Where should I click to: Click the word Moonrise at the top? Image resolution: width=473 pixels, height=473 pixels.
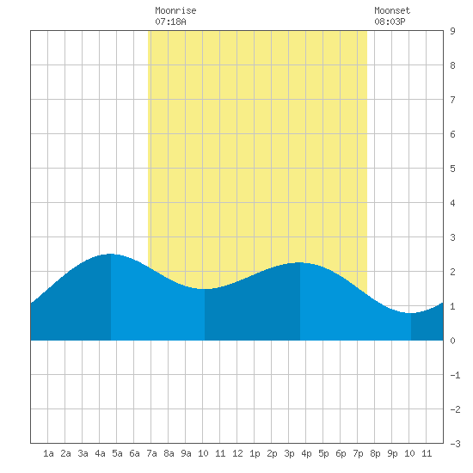click(175, 10)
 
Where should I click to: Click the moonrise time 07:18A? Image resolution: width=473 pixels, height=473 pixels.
click(170, 21)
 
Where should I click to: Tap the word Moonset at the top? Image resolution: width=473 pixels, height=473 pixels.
click(392, 10)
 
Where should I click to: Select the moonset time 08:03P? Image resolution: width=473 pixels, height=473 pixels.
click(390, 21)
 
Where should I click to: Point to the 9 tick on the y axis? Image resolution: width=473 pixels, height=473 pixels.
click(452, 31)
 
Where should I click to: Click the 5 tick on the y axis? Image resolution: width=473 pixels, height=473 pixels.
click(452, 169)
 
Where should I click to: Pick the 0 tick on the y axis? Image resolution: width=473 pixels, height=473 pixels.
click(452, 341)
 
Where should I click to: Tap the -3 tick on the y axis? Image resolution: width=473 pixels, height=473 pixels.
click(455, 444)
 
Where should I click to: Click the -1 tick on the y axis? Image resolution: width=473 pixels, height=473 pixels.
click(455, 375)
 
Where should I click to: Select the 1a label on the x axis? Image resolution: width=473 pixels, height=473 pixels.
click(48, 453)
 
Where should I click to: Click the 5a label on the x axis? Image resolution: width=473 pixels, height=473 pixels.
click(117, 453)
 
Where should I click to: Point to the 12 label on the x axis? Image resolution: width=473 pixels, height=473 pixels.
click(237, 453)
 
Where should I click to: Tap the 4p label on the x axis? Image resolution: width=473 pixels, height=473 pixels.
click(306, 453)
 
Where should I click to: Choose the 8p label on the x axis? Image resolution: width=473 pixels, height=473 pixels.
click(375, 453)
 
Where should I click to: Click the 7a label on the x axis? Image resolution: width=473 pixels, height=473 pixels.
click(151, 453)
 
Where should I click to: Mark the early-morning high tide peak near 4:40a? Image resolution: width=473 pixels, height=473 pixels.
click(111, 254)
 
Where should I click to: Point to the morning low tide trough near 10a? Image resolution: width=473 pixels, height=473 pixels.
click(205, 289)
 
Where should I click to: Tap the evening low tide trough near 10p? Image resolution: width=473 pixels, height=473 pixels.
click(411, 313)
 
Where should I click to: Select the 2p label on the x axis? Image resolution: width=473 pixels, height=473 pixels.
click(272, 453)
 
